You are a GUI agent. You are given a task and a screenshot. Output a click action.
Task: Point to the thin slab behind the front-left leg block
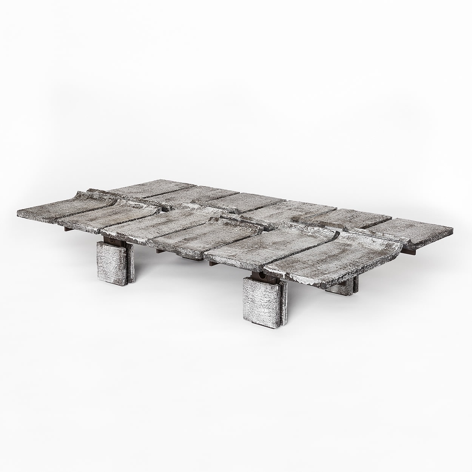tap(128, 262)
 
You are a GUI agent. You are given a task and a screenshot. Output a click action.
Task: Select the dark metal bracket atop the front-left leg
tap(113, 239)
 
